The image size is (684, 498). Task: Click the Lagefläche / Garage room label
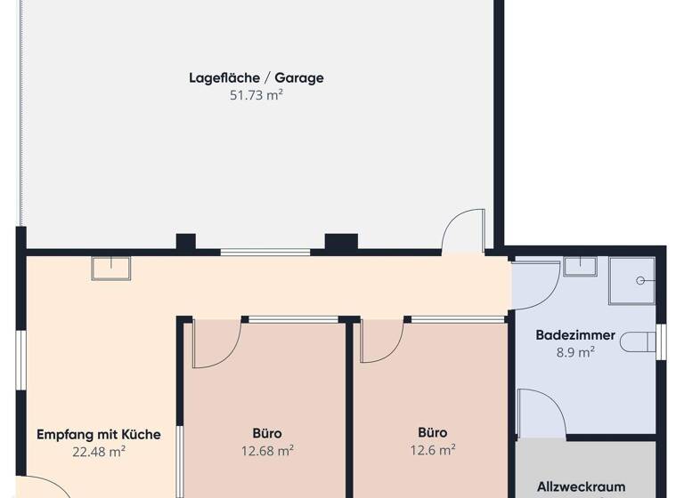coord(256,77)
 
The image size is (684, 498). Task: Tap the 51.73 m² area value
coord(256,94)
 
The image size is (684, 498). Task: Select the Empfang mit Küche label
coord(99,435)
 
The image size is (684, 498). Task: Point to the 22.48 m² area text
coord(99,451)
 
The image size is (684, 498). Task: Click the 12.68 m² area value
coord(267,451)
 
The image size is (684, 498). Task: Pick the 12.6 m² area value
coord(433,450)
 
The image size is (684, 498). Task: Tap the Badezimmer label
coord(575,335)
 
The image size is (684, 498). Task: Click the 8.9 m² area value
coord(575,351)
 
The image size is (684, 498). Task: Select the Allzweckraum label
coord(581,487)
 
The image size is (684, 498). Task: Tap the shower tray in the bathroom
coord(631,280)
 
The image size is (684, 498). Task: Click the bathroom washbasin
coord(580,266)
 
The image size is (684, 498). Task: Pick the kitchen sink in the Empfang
coord(110,268)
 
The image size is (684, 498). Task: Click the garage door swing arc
coord(464,231)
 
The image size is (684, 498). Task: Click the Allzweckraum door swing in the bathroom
coord(540,414)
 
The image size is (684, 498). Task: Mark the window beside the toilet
coord(661,342)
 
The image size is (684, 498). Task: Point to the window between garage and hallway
coord(265,253)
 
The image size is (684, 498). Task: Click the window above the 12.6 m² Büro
coord(458,318)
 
